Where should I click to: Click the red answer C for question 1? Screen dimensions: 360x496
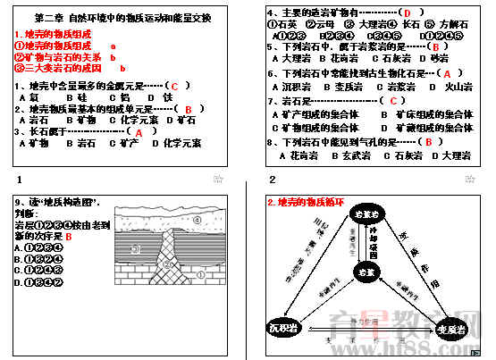coord(176,87)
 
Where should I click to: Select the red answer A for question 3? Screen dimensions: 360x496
coord(139,131)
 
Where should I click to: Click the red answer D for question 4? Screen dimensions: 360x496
coord(407,13)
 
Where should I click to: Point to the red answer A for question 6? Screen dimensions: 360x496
coord(448,73)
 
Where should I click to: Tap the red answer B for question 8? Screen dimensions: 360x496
coord(429,141)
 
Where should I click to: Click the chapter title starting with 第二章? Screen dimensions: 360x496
coord(122,18)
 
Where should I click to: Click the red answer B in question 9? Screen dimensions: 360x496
coord(69,237)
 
